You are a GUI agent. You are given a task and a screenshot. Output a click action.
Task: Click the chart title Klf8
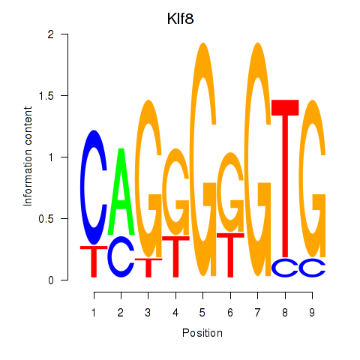[180, 19]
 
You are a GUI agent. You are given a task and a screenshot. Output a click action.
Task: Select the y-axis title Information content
[28, 157]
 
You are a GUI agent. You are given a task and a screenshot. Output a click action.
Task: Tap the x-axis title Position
[202, 333]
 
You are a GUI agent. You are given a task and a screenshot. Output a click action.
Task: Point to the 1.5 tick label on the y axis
[46, 95]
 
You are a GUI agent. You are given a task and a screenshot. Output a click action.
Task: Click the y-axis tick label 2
[51, 34]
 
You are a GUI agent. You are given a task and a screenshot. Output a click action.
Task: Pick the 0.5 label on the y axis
[46, 219]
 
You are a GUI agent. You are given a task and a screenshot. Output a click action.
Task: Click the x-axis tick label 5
[202, 313]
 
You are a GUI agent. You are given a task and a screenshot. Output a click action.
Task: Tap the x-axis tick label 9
[312, 313]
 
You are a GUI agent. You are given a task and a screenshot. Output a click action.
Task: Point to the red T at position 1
[94, 260]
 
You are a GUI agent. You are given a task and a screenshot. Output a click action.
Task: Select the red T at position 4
[176, 257]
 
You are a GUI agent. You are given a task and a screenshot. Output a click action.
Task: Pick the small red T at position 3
[148, 268]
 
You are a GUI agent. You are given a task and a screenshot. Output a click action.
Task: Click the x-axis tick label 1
[94, 313]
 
